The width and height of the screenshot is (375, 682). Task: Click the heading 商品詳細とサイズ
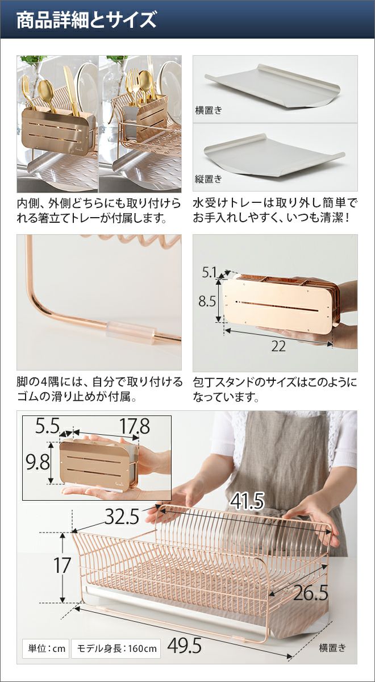coord(86,20)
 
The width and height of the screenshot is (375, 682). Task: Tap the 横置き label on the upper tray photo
coord(209,110)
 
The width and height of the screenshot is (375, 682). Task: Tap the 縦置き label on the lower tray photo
coord(209,178)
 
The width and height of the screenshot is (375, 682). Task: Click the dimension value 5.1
coord(209,272)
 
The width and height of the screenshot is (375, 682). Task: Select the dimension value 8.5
coord(207,301)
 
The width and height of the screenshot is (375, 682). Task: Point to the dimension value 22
coord(278,347)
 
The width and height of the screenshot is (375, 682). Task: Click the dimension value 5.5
coord(47,426)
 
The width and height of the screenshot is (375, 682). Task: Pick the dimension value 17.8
coord(134,426)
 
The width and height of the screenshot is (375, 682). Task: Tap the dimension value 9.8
coord(37,463)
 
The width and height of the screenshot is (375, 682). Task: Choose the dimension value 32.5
coord(122,517)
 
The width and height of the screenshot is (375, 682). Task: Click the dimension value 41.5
coord(247,501)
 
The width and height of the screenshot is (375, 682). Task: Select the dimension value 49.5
coord(185,637)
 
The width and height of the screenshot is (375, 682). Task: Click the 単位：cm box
coord(46,640)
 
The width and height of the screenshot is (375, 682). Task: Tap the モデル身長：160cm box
coord(116,640)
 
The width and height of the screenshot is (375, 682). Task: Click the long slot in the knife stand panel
coord(277,303)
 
